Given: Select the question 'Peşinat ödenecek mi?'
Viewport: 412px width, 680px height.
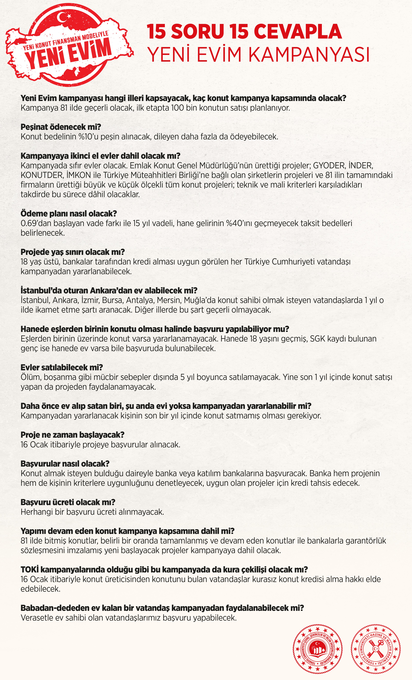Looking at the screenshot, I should pyautogui.click(x=61, y=127).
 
